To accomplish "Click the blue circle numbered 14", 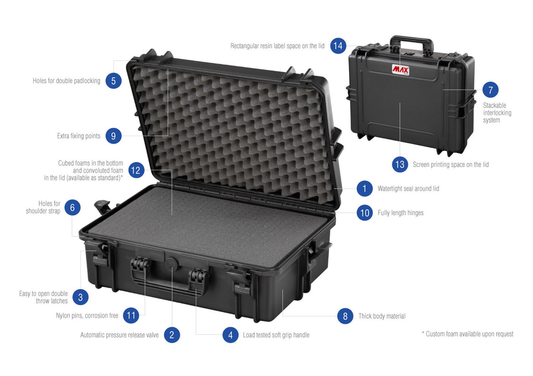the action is pyautogui.click(x=338, y=46).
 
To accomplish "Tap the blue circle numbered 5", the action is pyautogui.click(x=113, y=81).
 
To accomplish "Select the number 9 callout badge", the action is pyautogui.click(x=113, y=136).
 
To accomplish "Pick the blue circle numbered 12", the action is pyautogui.click(x=136, y=170).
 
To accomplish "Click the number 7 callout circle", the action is pyautogui.click(x=491, y=90).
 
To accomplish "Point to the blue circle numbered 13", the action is pyautogui.click(x=400, y=165).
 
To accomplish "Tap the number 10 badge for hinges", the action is pyautogui.click(x=365, y=213).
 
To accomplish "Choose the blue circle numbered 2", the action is pyautogui.click(x=172, y=335).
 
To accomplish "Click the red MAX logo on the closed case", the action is pyautogui.click(x=400, y=70).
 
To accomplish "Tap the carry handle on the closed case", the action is pyautogui.click(x=412, y=39).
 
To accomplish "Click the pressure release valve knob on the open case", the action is pyautogui.click(x=172, y=263).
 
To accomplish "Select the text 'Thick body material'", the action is pyautogui.click(x=382, y=316).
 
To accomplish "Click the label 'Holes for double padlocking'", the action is pyautogui.click(x=67, y=81).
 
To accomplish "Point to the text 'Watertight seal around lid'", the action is pyautogui.click(x=408, y=189).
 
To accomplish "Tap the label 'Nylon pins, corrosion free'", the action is pyautogui.click(x=87, y=316).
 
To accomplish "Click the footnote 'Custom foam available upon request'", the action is pyautogui.click(x=468, y=334).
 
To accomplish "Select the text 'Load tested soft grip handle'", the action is pyautogui.click(x=276, y=335).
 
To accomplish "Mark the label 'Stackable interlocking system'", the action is pyautogui.click(x=497, y=113).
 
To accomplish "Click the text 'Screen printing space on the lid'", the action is pyautogui.click(x=451, y=165).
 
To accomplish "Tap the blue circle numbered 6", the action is pyautogui.click(x=72, y=207).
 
